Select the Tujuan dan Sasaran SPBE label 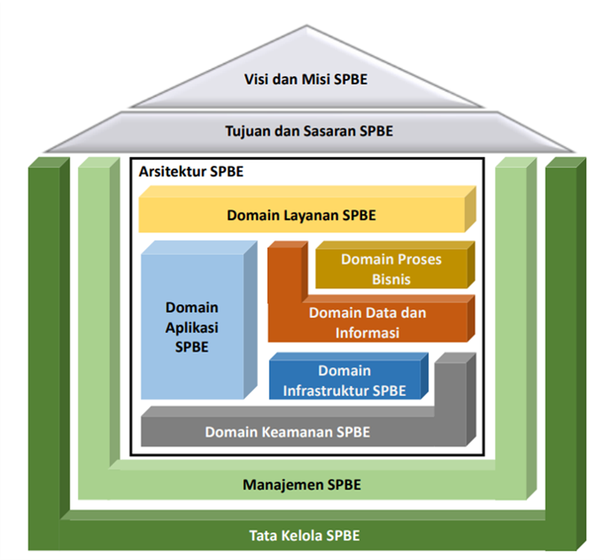(309, 131)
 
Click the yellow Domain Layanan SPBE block (301, 215)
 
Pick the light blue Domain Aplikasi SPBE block (192, 327)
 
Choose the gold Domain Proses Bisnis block (391, 269)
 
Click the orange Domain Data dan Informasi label (367, 323)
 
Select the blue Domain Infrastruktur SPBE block (344, 381)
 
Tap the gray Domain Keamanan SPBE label (287, 432)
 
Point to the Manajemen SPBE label (301, 485)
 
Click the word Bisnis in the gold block (391, 279)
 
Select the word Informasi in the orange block (367, 333)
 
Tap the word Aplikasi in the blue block (192, 327)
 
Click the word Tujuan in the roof (247, 131)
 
